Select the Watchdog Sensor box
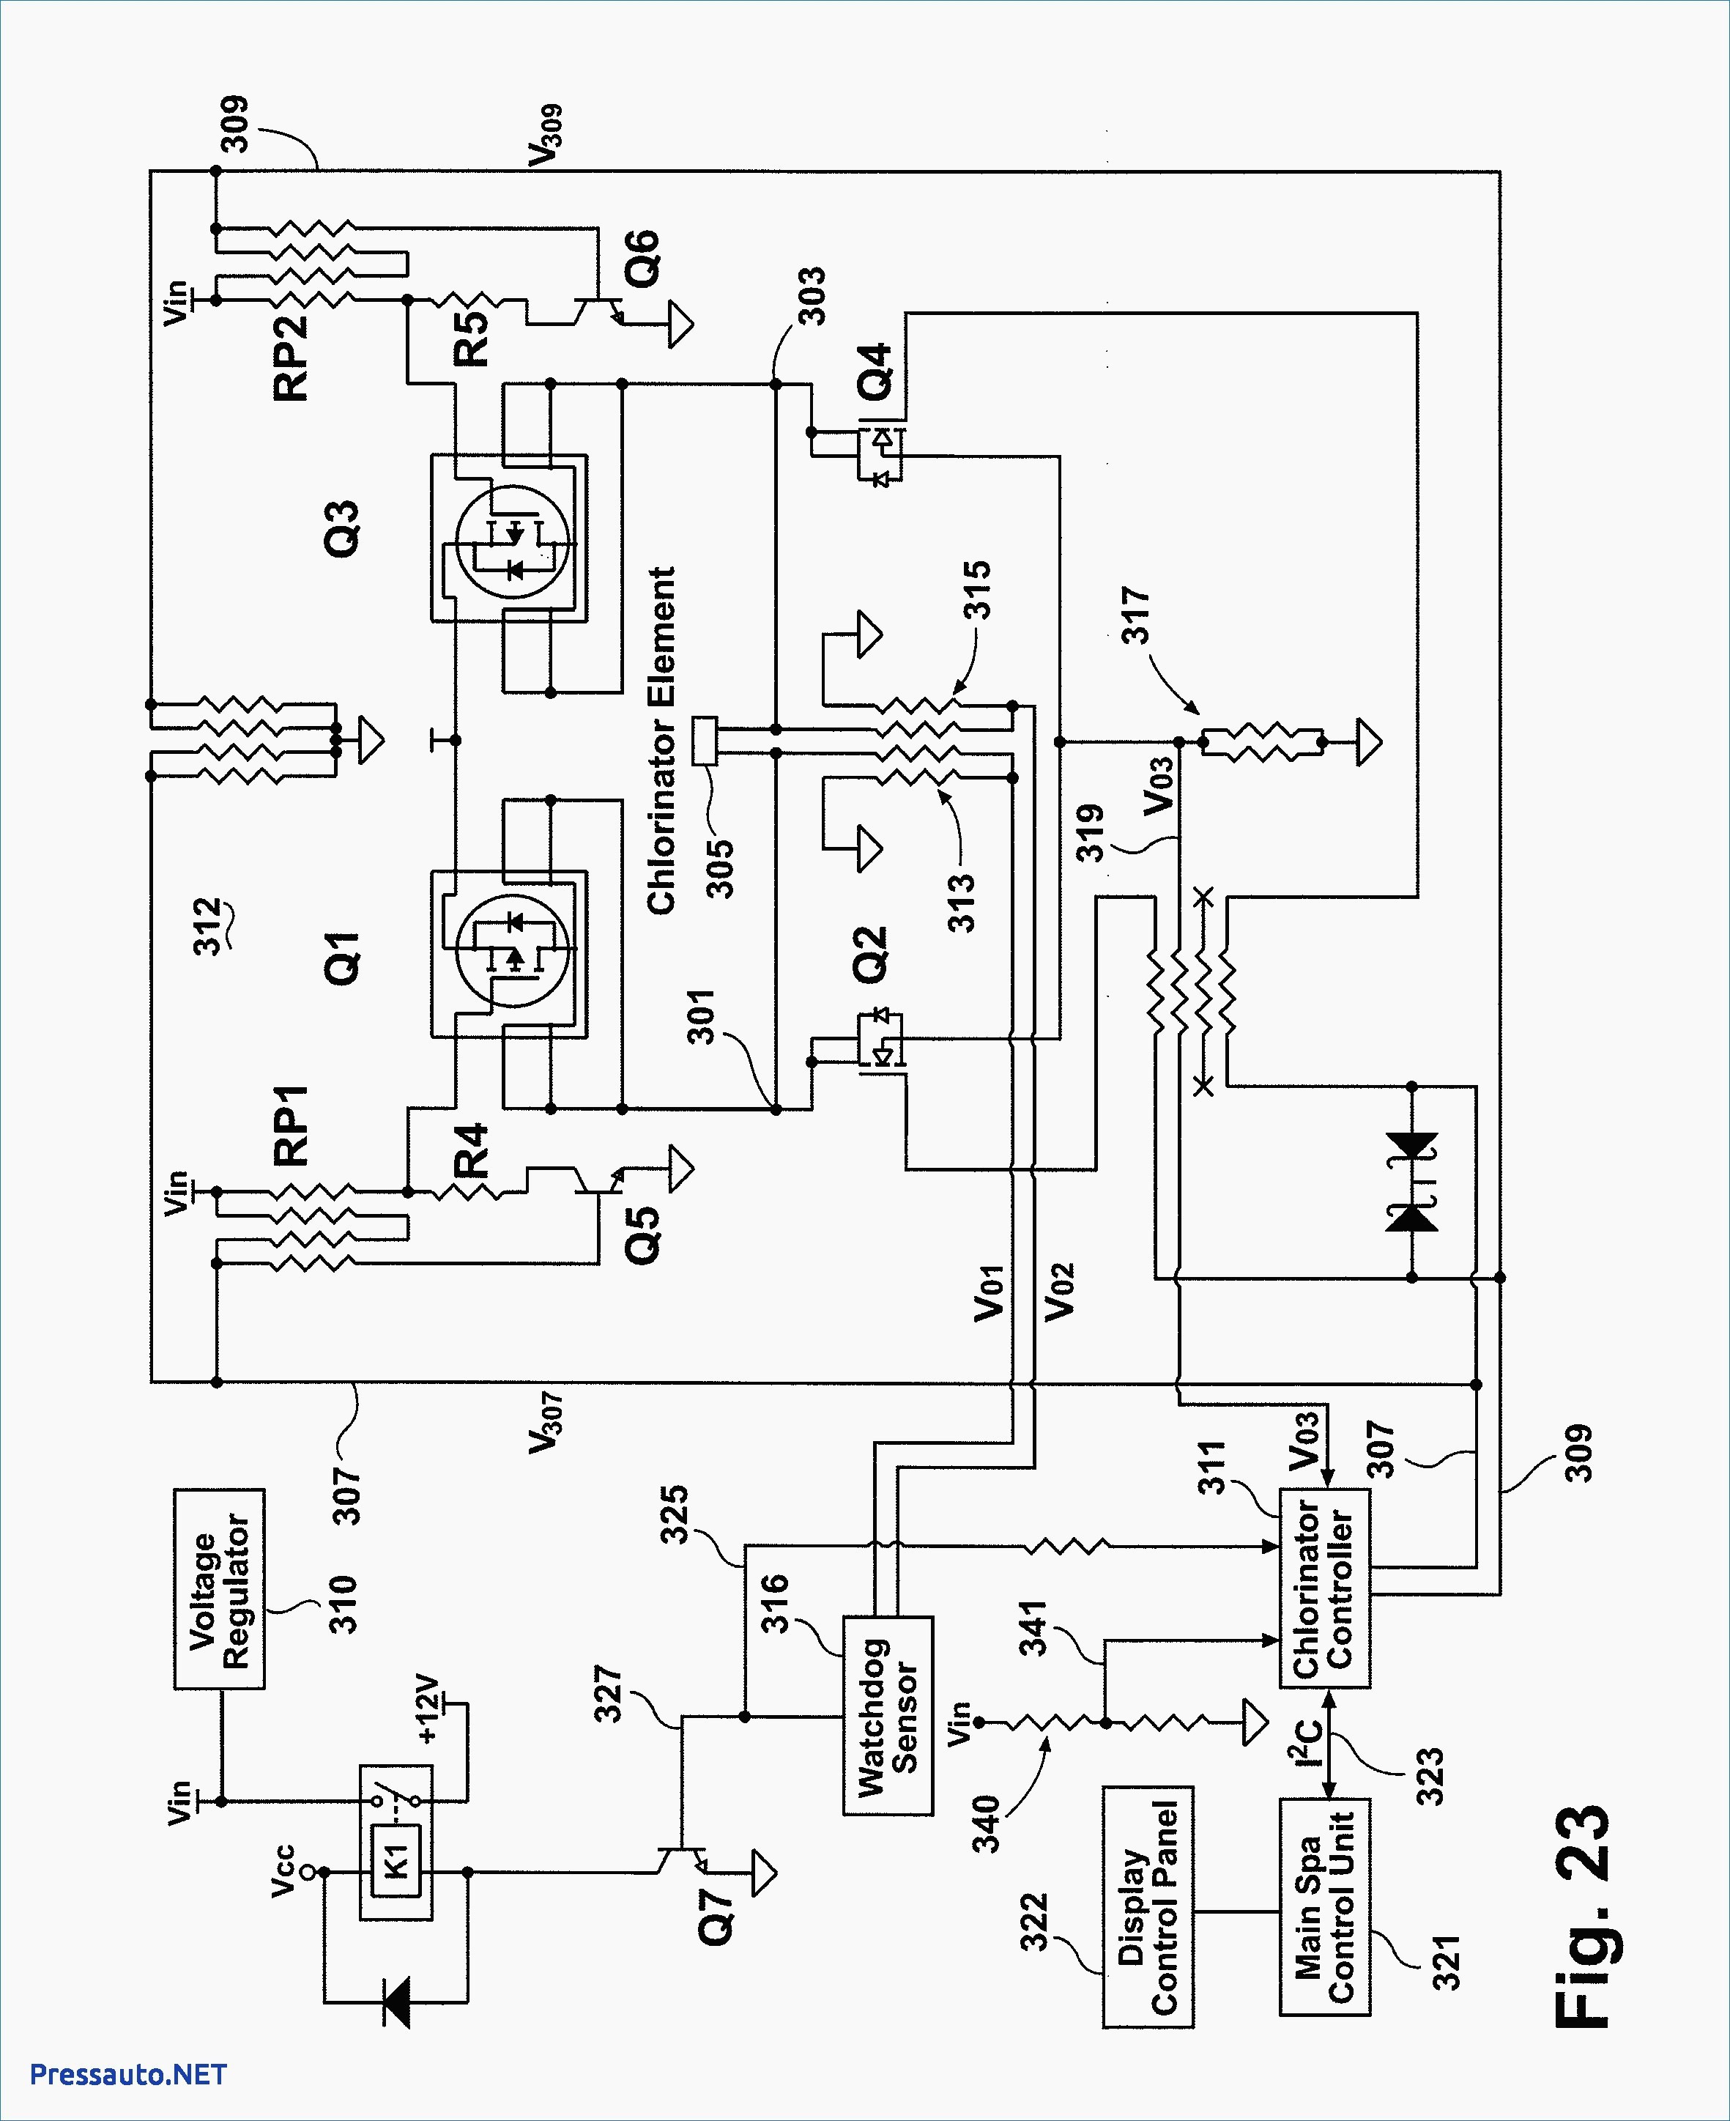[888, 1715]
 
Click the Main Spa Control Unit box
[1324, 1907]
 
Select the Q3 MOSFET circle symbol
[512, 541]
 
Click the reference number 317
[1135, 615]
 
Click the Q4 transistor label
[876, 371]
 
